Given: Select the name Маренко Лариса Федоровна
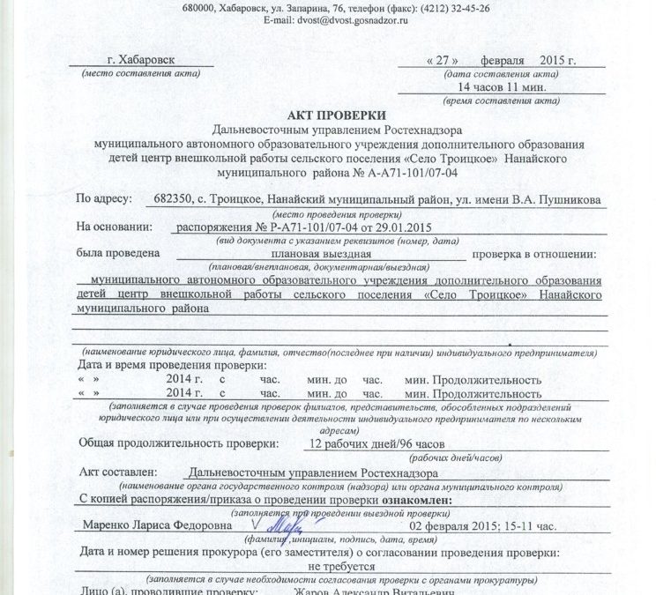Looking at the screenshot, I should pos(151,525).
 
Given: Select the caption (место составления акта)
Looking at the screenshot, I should pos(133,74).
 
